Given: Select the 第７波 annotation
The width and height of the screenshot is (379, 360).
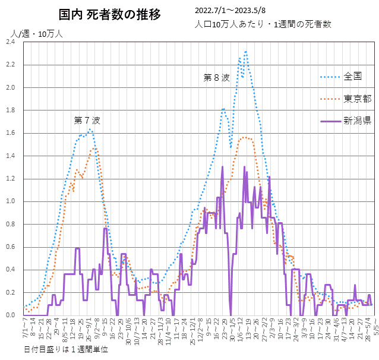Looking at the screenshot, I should click(87, 120).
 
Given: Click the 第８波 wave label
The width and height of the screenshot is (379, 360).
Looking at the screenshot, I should click(216, 77).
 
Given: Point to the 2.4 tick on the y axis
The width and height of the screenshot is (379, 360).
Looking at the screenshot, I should click(12, 42).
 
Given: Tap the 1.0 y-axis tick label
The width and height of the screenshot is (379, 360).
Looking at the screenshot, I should click(12, 201).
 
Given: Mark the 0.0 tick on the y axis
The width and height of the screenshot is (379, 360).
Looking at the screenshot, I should click(12, 315).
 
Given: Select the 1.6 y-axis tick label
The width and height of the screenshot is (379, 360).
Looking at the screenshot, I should click(12, 133).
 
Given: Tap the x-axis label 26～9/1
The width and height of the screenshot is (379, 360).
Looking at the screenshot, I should click(89, 331).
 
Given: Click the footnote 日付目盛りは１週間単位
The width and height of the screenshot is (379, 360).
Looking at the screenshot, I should click(67, 349).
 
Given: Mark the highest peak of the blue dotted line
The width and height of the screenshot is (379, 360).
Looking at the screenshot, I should click(245, 52).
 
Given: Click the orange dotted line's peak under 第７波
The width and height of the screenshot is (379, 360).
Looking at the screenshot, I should click(93, 149).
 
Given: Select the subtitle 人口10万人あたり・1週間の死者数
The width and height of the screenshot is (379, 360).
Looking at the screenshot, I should click(262, 24).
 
